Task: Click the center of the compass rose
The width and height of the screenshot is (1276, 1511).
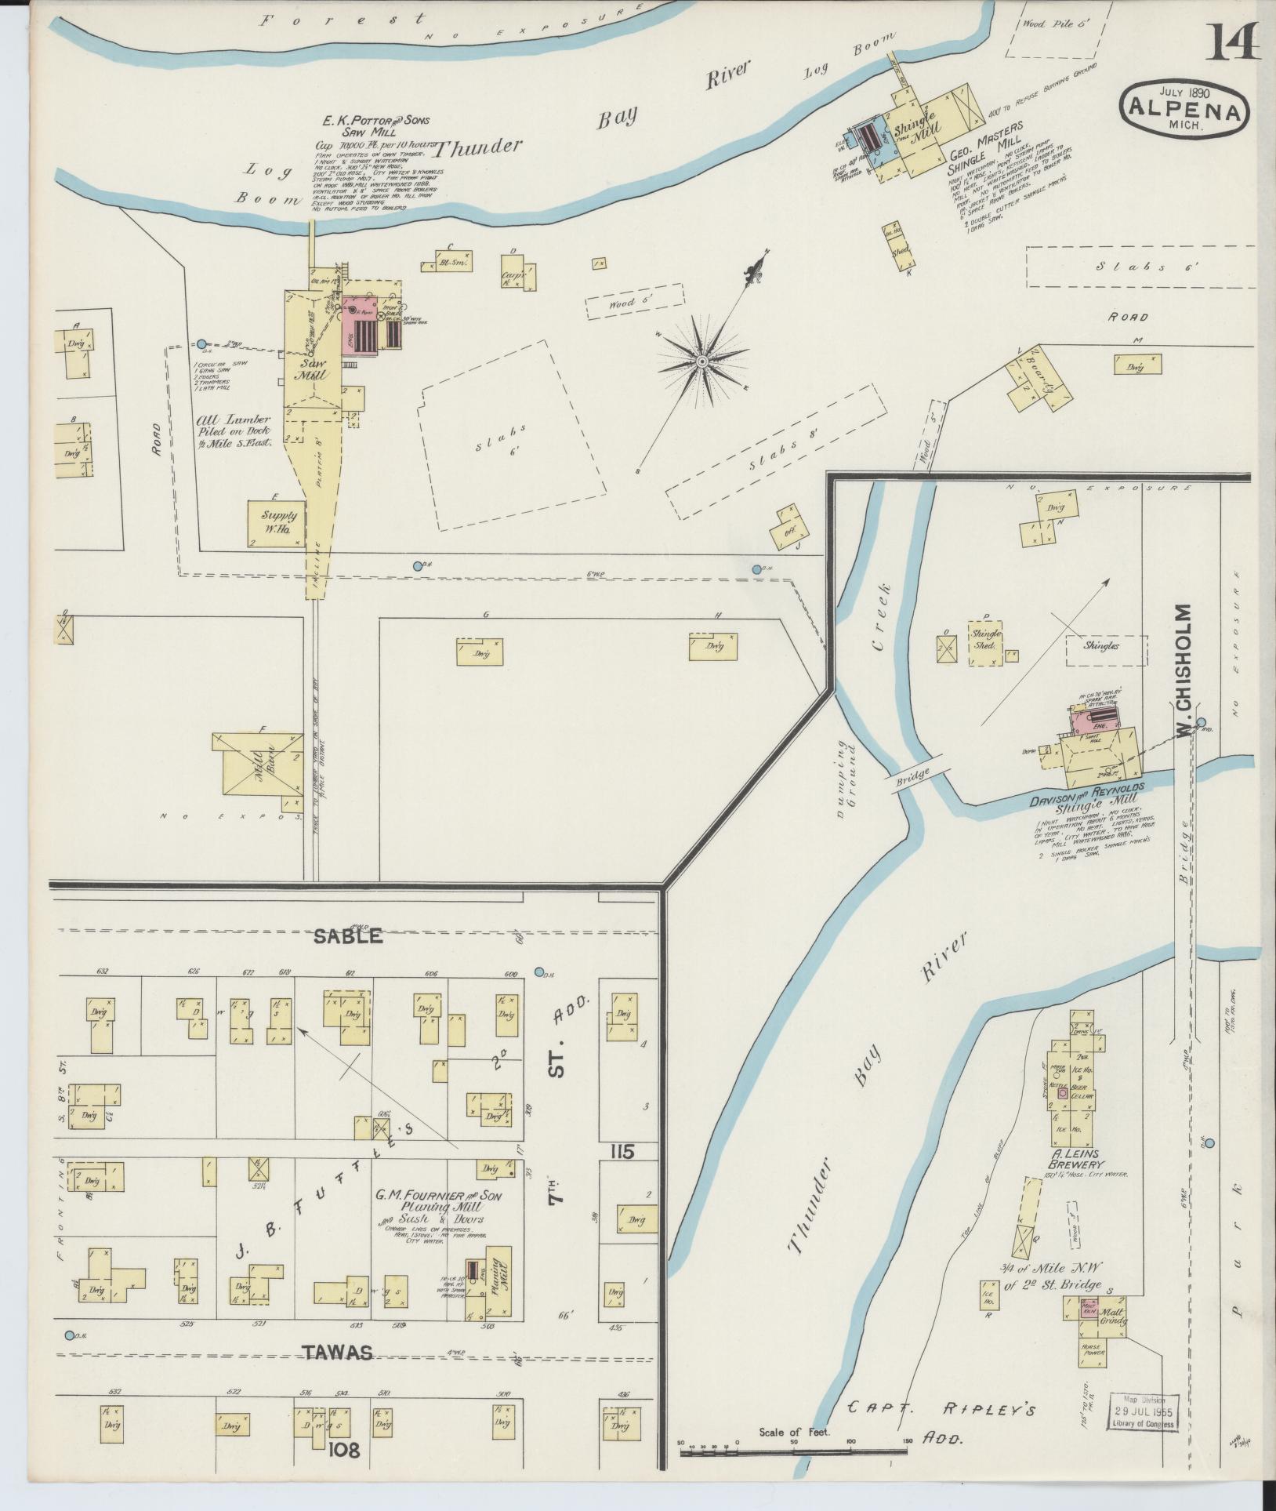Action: tap(703, 361)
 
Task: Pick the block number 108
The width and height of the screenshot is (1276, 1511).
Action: tap(345, 1450)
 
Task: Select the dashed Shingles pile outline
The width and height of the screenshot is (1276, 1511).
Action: tap(1106, 646)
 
